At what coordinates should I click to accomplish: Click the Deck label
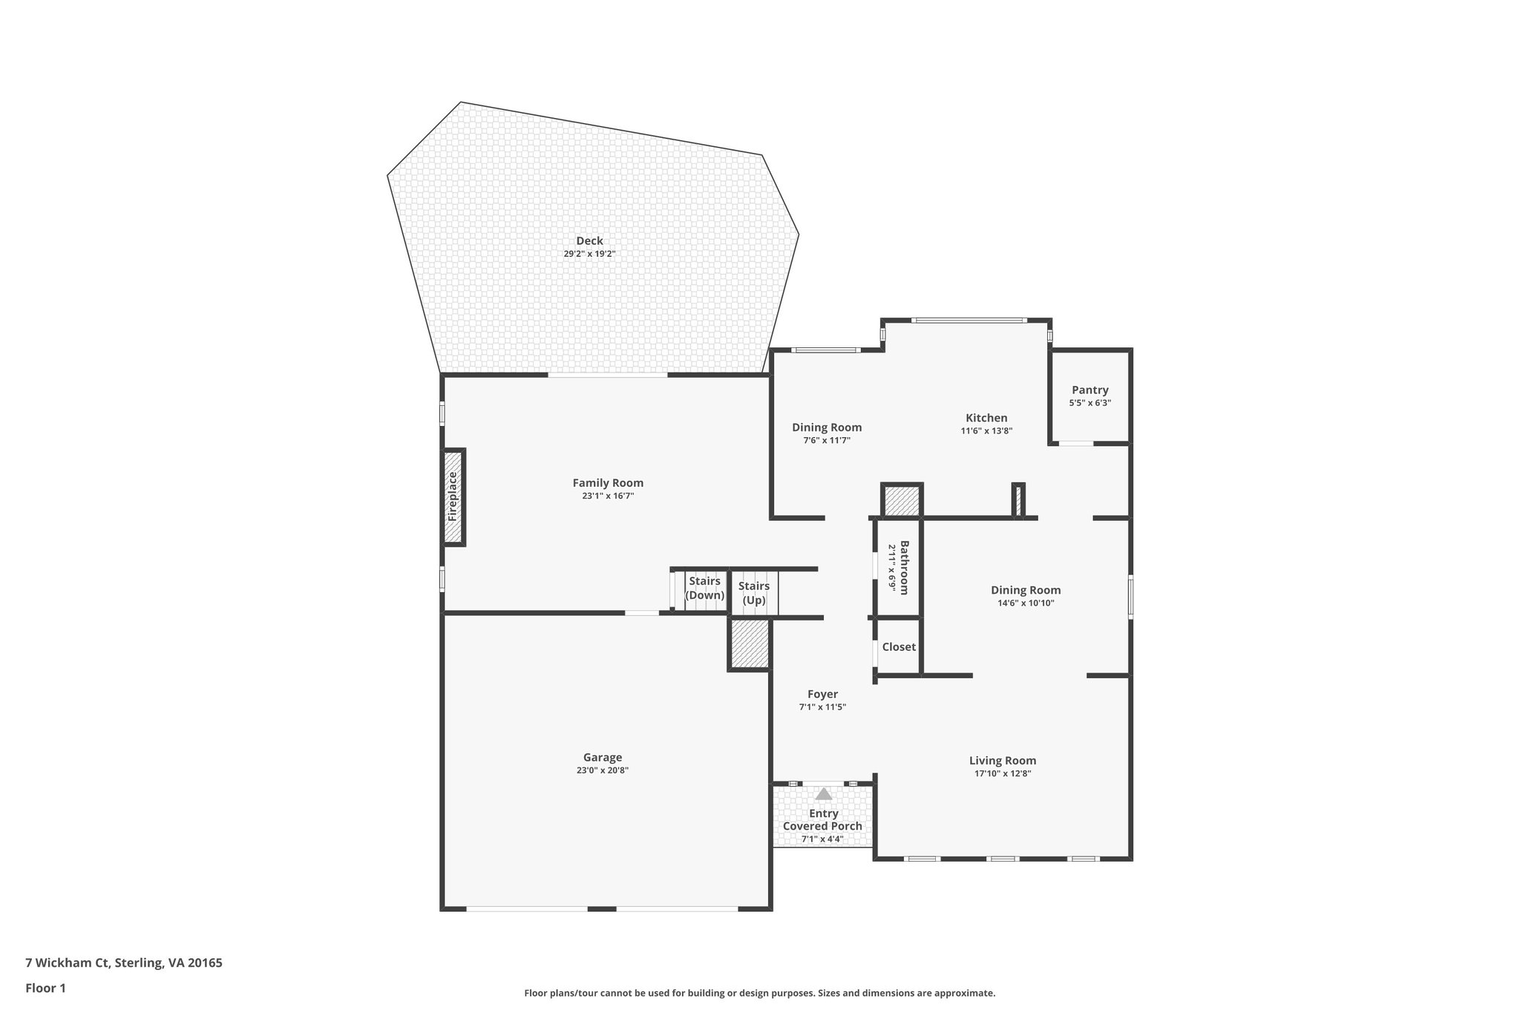coord(589,240)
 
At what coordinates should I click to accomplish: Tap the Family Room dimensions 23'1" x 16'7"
coord(608,496)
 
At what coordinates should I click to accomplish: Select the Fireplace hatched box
coord(453,497)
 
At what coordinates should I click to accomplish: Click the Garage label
coord(602,758)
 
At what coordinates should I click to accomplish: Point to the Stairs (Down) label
coord(704,588)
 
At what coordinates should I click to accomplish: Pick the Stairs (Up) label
coord(754,593)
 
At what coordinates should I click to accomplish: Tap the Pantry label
coord(1090,390)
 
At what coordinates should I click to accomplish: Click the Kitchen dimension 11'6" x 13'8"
coord(986,430)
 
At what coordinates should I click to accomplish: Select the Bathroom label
coord(904,568)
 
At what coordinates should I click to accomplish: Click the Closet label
coord(899,647)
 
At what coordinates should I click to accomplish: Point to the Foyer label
coord(822,695)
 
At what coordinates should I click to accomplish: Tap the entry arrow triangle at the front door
coord(824,794)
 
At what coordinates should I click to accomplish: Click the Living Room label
coord(1002,761)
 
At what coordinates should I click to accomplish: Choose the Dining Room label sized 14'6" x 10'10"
coord(1026,591)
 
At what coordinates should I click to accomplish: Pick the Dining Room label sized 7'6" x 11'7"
coord(827,427)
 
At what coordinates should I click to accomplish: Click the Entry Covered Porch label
coord(822,819)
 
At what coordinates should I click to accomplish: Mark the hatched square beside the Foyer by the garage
coord(750,644)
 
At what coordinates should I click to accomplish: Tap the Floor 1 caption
coord(46,988)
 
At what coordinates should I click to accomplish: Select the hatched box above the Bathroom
coord(902,501)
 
